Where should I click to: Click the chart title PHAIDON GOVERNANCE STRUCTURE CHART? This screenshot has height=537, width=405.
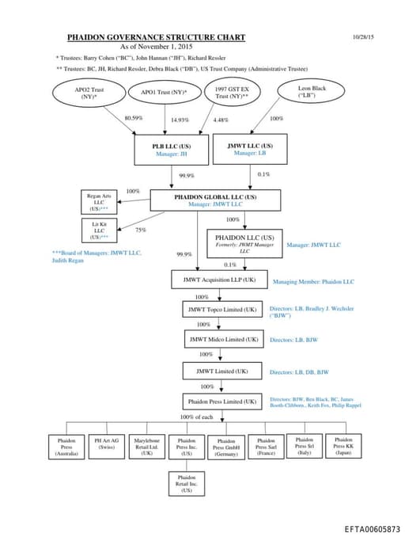156,37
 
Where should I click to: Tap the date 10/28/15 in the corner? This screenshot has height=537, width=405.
365,37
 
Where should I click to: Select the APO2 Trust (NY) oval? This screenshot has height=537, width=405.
89,93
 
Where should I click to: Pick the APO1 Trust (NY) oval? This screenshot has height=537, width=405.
164,93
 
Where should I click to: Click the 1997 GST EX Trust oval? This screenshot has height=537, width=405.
233,93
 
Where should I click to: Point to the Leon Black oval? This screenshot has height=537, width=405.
312,93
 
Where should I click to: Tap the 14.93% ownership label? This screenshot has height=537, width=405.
180,120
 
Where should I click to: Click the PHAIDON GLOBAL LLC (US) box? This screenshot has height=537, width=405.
215,200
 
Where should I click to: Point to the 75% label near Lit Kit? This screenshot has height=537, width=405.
141,230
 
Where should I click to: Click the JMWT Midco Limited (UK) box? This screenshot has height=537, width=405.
224,339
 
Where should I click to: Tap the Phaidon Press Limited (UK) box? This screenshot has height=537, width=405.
221,402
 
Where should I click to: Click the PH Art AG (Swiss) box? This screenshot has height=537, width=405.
107,445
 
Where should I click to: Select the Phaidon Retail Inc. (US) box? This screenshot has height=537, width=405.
187,484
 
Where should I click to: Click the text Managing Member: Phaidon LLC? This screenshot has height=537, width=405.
313,281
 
